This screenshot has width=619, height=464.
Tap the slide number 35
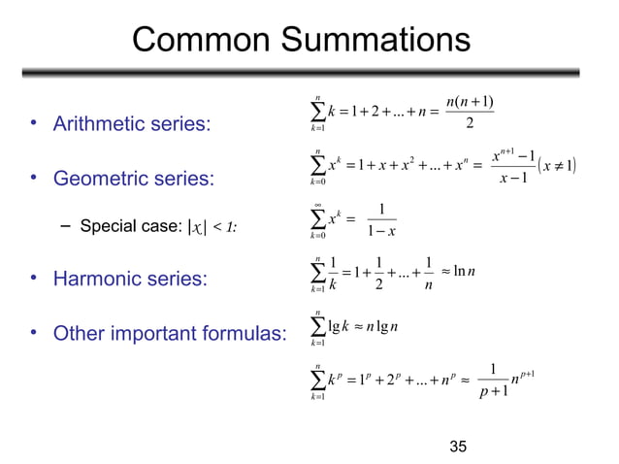click(459, 447)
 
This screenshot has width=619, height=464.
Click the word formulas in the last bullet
click(243, 334)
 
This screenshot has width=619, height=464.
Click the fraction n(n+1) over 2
click(470, 111)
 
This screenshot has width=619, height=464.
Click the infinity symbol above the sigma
click(318, 205)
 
